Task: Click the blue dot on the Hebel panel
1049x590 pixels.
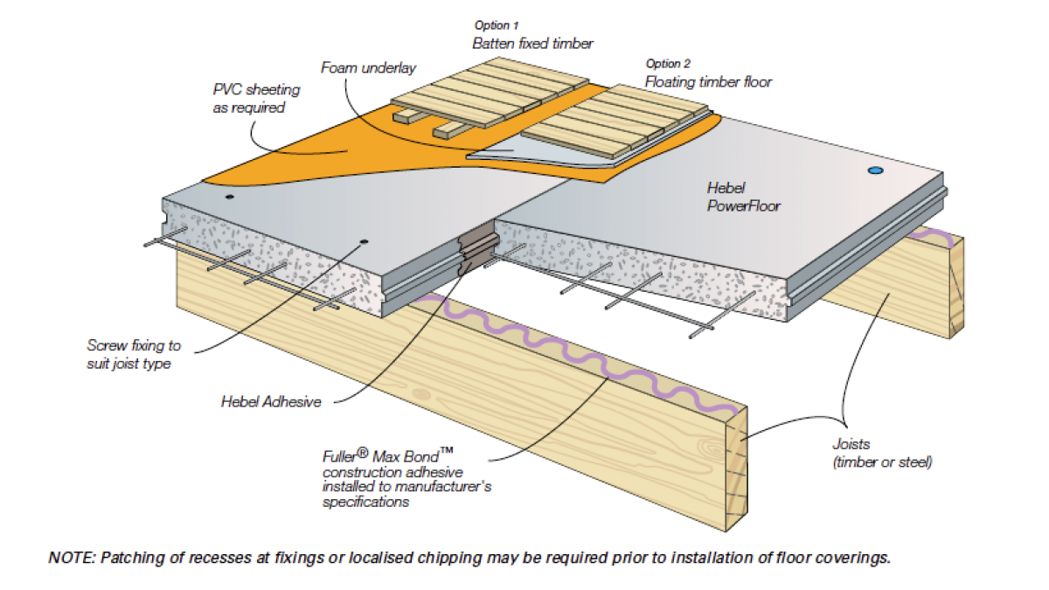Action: (875, 170)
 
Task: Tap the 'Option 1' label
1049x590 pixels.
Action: (497, 25)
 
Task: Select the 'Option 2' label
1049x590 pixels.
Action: (668, 64)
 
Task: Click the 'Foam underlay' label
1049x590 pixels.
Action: (369, 68)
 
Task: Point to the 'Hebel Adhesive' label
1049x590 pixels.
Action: (271, 402)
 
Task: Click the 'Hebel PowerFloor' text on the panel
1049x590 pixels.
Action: (744, 198)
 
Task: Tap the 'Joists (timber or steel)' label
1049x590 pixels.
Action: (882, 453)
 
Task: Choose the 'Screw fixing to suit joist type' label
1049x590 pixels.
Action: (134, 355)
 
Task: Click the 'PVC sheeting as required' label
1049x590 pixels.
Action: (256, 99)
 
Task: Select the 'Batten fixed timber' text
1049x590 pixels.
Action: (532, 44)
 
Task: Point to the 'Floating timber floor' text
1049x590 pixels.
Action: (709, 82)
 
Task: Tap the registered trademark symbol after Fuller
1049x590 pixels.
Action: (363, 453)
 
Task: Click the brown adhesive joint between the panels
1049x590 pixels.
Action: (477, 253)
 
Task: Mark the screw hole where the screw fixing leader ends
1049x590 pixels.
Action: (364, 242)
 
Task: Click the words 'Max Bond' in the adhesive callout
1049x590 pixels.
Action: (406, 457)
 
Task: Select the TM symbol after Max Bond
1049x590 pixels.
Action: (447, 450)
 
